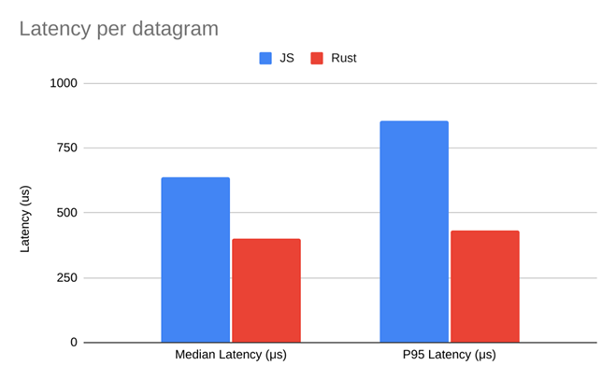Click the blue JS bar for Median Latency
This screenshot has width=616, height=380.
(195, 260)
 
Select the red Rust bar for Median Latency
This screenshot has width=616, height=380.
(266, 290)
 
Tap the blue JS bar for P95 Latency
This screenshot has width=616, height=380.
(414, 232)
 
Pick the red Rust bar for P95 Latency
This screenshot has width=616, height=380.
(484, 286)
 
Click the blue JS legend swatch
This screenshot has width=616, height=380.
(265, 58)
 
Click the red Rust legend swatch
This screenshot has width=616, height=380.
(317, 58)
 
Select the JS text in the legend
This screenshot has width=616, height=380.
(287, 58)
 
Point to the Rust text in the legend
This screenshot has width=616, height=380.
(342, 58)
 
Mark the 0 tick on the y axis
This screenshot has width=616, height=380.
(73, 343)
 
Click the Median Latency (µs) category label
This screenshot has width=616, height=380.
(231, 356)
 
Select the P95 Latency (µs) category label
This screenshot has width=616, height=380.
(450, 356)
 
